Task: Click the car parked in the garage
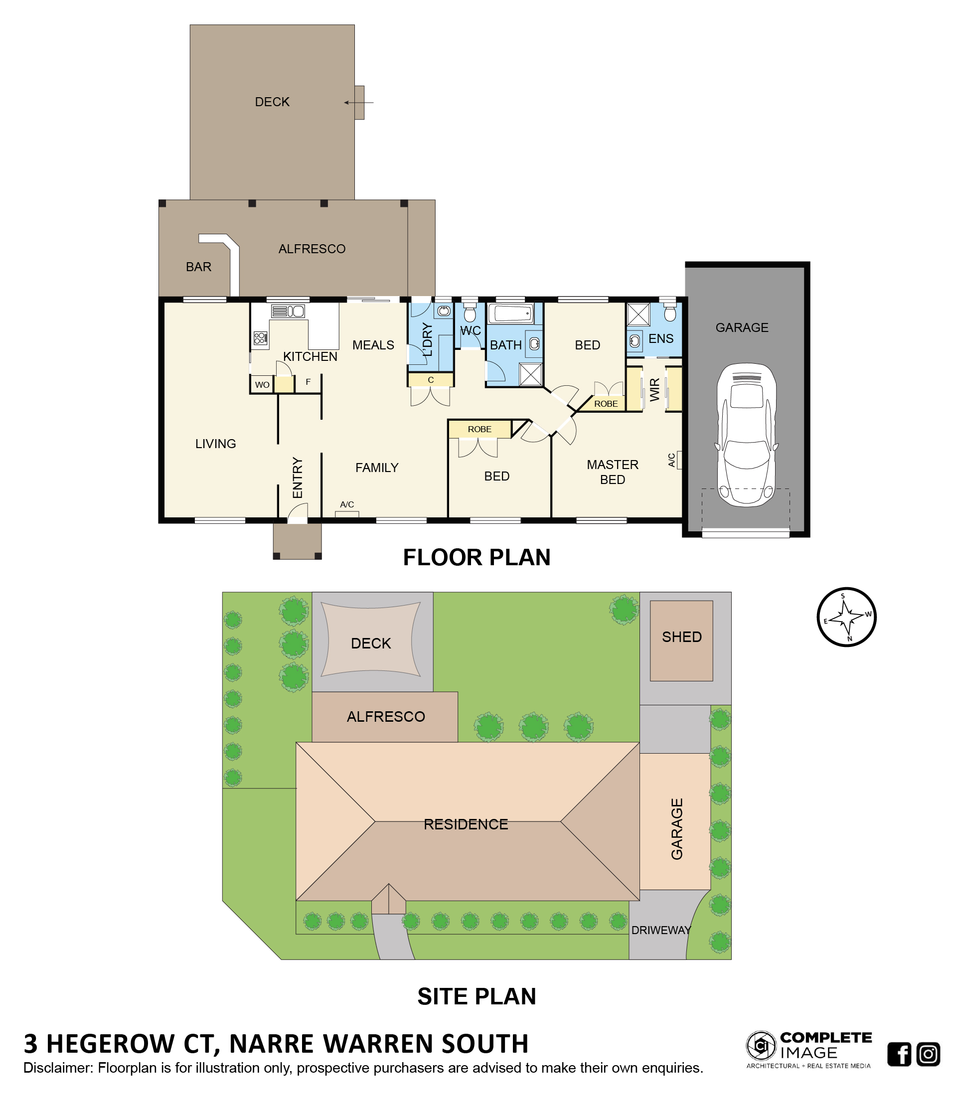pos(746,434)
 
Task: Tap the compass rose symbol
pos(846,617)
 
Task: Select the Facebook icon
pos(899,1054)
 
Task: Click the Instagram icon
pos(928,1054)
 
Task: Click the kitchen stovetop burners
pos(260,338)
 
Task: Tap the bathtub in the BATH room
pos(511,313)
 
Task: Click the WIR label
pos(654,389)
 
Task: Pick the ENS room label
pos(661,338)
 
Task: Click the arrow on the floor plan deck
pos(358,102)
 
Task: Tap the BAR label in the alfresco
pos(199,267)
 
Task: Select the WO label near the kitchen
pos(262,384)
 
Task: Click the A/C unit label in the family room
pos(346,504)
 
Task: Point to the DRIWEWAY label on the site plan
pos(661,930)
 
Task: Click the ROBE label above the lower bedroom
pos(479,429)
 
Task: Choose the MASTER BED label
pos(612,472)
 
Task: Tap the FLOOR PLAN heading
pos(477,557)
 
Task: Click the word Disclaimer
pos(57,1068)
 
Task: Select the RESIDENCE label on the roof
pos(466,823)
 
